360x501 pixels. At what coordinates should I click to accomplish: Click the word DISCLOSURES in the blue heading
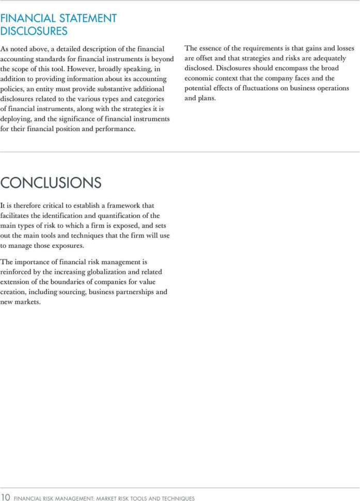click(34, 31)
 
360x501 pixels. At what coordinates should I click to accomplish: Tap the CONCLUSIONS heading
click(51, 182)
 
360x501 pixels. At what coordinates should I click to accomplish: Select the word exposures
click(68, 245)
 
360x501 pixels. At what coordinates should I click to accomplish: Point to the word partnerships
click(137, 292)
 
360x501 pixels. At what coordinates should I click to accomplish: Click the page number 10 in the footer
click(6, 497)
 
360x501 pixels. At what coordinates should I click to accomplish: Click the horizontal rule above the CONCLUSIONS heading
click(180, 152)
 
